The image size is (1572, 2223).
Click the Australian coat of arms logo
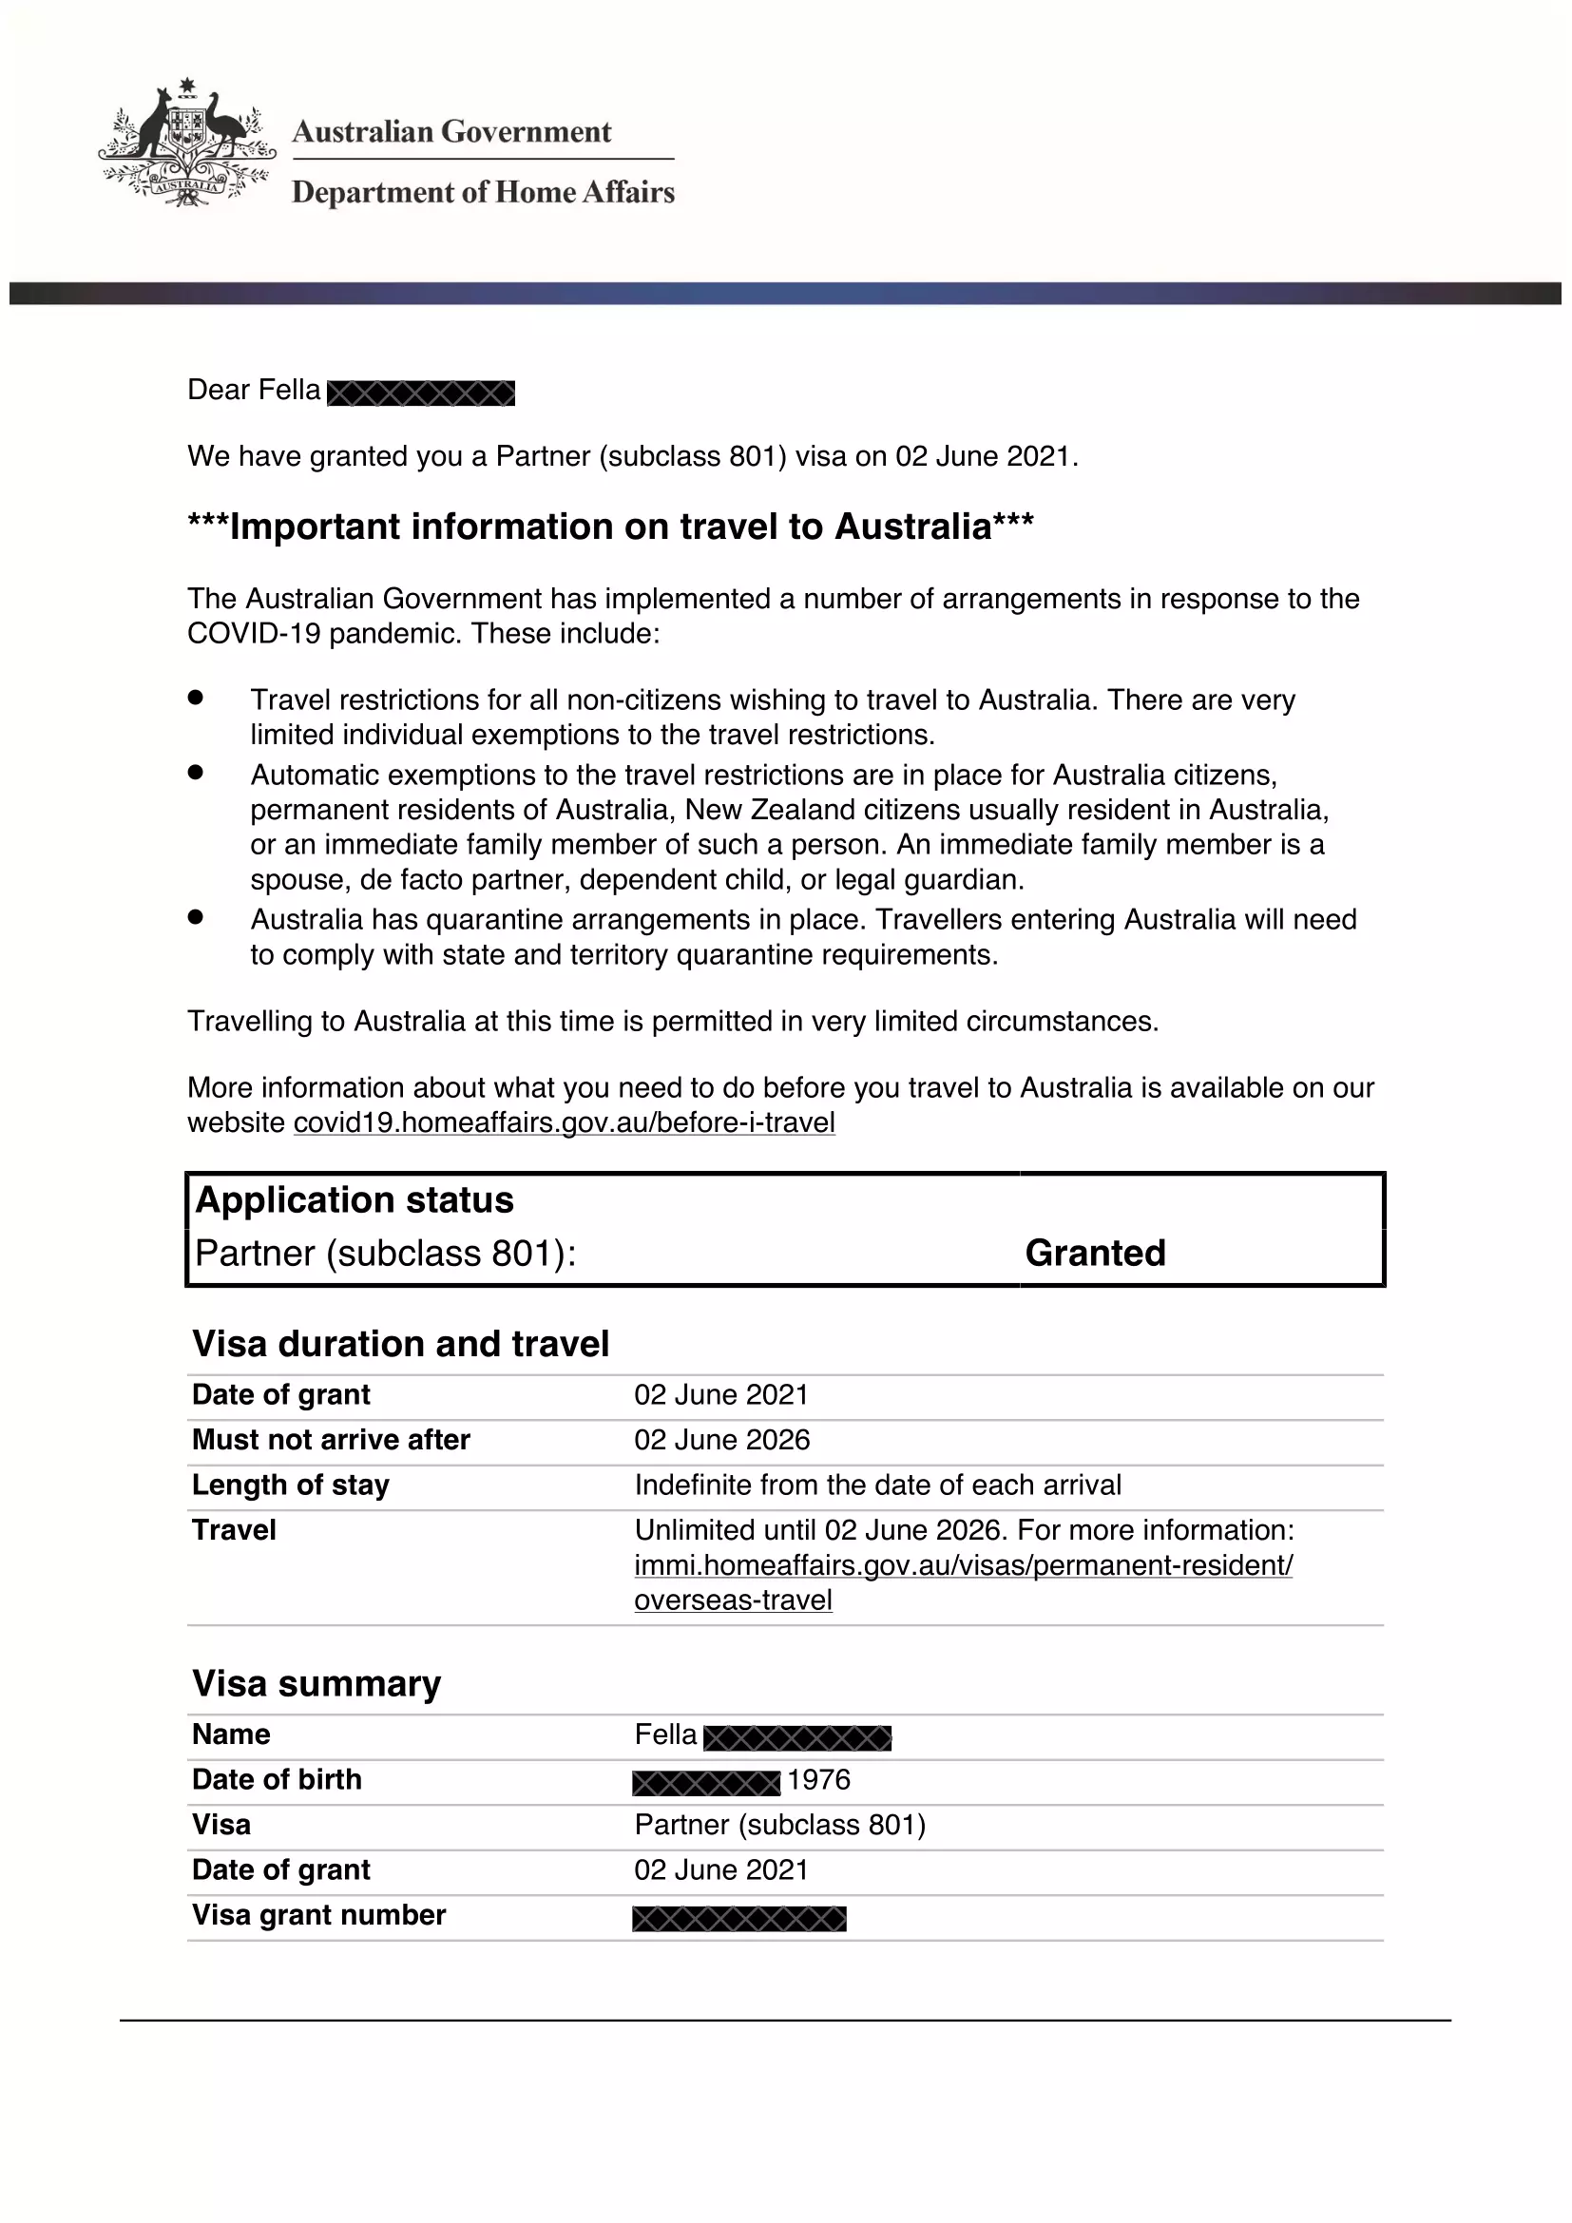(187, 144)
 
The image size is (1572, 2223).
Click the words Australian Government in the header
(451, 132)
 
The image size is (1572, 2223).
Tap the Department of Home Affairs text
(483, 193)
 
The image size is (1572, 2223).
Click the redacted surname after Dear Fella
(421, 393)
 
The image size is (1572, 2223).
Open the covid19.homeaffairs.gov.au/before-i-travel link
(564, 1123)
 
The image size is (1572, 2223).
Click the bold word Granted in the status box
(1095, 1253)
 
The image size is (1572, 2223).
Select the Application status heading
(355, 1200)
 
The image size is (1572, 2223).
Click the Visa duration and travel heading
(401, 1344)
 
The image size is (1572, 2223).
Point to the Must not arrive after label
(331, 1440)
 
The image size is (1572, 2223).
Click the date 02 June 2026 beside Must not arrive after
(722, 1440)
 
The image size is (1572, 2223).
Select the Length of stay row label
(291, 1485)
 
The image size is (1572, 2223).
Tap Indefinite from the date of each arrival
(878, 1485)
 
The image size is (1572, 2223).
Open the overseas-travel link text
(733, 1600)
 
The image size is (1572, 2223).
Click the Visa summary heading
(316, 1684)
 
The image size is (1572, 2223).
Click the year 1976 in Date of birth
(819, 1779)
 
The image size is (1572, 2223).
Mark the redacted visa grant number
(739, 1918)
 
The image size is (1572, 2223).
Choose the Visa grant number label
(318, 1915)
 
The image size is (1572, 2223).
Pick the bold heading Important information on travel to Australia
(611, 527)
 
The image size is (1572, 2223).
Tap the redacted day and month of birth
(705, 1782)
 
